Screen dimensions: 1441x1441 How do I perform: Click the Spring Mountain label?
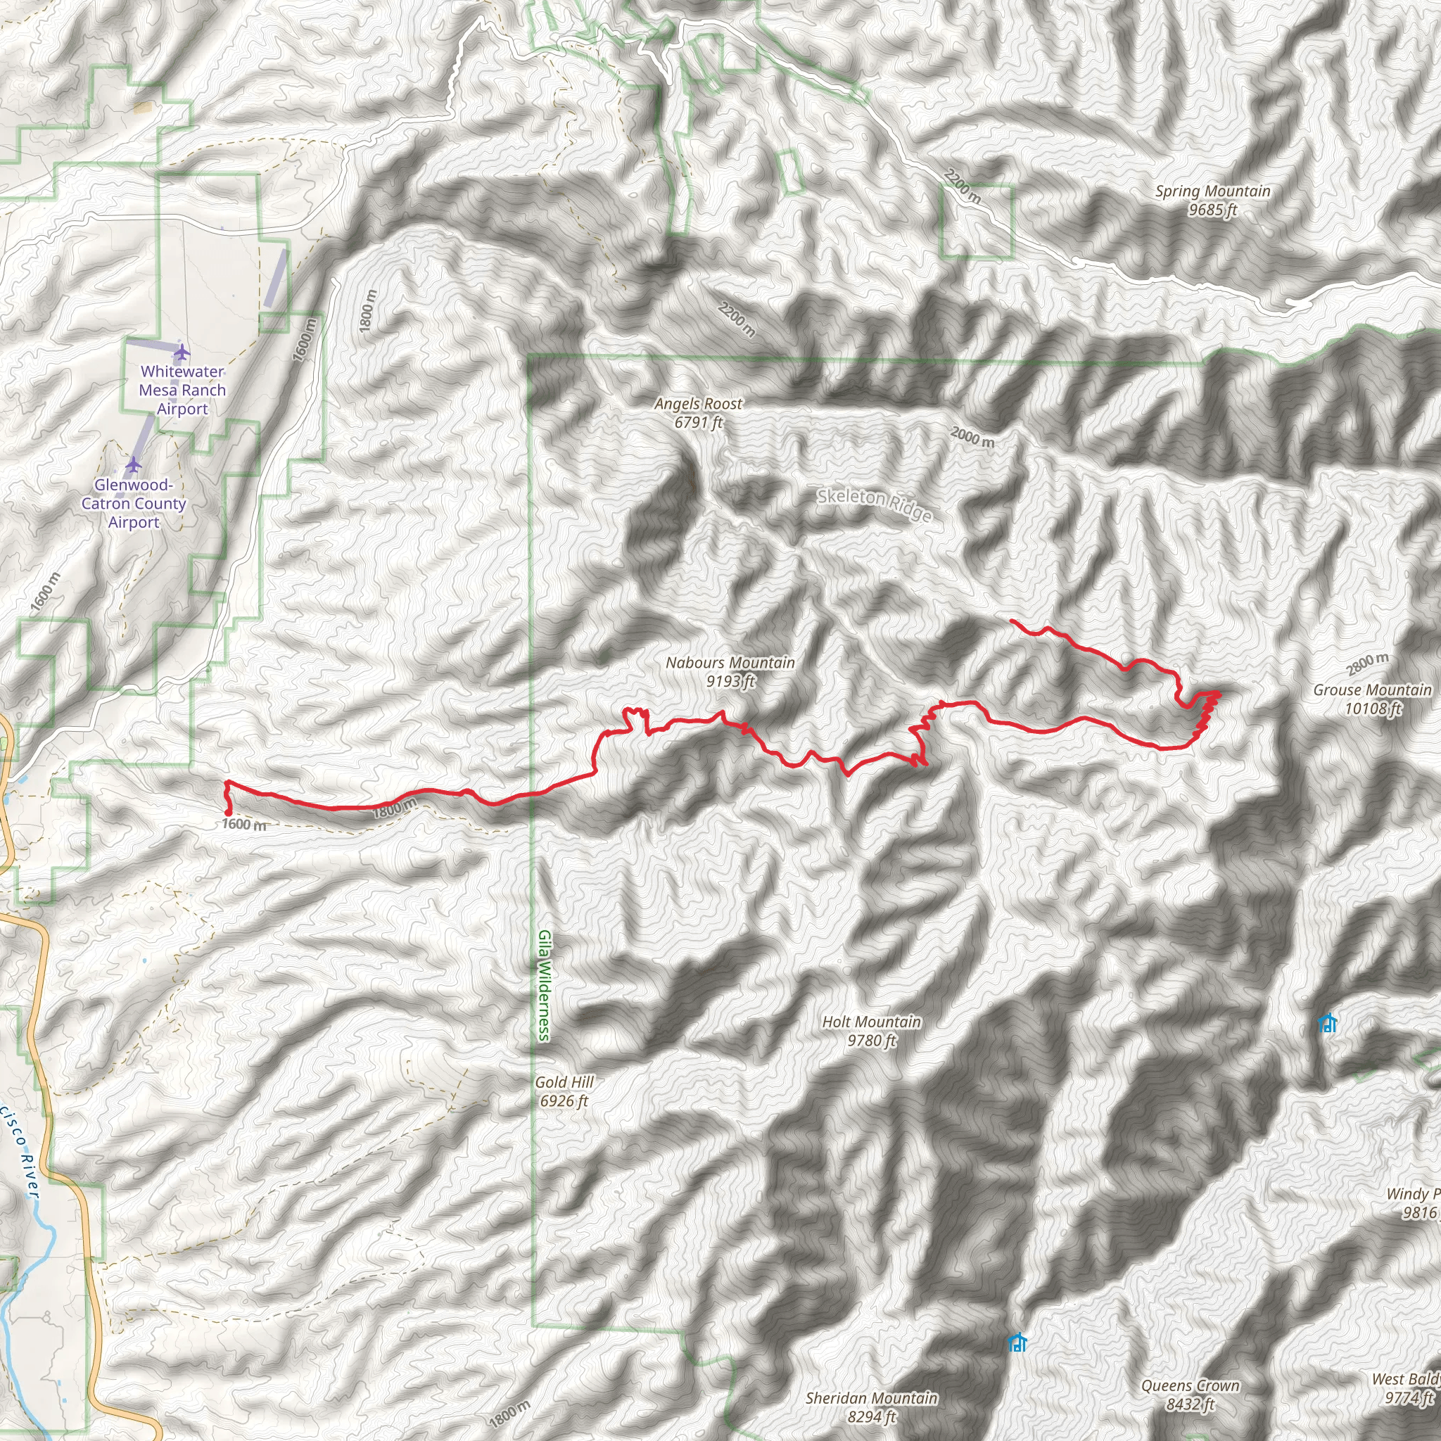1212,200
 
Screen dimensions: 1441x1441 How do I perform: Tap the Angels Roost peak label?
698,412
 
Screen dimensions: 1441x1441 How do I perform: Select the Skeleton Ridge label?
874,504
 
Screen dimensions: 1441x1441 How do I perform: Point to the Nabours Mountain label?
730,671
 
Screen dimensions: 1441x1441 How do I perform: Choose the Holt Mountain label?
871,1031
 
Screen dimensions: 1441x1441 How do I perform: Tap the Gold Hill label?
564,1091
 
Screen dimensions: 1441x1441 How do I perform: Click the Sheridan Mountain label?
871,1407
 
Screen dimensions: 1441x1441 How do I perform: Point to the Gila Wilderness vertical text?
545,984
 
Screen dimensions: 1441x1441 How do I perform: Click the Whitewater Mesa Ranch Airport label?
182,389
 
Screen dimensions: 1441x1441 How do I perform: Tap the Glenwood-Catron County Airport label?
134,504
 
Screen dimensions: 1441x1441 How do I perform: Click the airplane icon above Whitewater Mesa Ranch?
182,351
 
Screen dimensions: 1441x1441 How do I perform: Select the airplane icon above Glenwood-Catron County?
134,464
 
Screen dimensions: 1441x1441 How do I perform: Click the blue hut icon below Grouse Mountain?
1326,1022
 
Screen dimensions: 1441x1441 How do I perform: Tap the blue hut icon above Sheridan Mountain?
1017,1342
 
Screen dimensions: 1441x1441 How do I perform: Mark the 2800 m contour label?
1367,662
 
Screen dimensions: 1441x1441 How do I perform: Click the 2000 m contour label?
972,436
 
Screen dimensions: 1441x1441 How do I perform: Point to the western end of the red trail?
227,813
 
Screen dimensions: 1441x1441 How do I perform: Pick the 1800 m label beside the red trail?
395,807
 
